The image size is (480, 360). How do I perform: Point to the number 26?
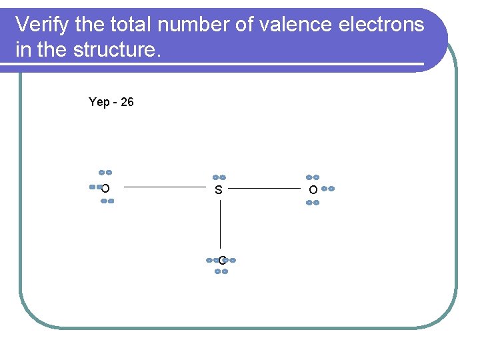coord(127,102)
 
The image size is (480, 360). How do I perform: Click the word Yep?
coord(99,102)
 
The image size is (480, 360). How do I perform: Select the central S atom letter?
coord(219,190)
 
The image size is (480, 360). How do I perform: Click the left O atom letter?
coord(105,189)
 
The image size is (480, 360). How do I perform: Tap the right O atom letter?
coord(313,190)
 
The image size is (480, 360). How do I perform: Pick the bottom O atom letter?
coord(221,261)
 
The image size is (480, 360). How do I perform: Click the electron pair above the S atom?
coord(219,177)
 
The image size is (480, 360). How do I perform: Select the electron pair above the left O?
coord(105,172)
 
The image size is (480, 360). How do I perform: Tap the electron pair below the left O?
coord(107,201)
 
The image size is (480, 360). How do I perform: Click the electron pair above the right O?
coord(312,177)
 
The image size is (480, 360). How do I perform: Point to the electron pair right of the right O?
coord(327,189)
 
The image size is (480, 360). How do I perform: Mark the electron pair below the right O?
coord(312,202)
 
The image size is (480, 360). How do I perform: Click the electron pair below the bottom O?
coord(221,271)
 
